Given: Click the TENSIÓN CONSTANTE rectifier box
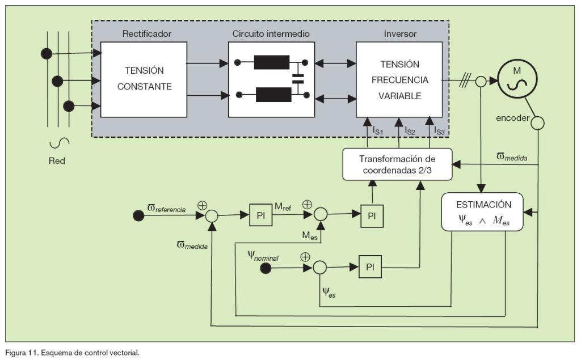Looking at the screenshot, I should pyautogui.click(x=144, y=79).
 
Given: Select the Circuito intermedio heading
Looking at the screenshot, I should pyautogui.click(x=271, y=34).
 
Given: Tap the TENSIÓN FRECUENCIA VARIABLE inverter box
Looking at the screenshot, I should pyautogui.click(x=399, y=79).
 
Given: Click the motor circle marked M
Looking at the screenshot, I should pyautogui.click(x=516, y=79).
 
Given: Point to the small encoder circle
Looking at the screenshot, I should pyautogui.click(x=537, y=122).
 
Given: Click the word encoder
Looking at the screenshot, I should pyautogui.click(x=512, y=118).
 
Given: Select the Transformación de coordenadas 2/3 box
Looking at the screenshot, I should pyautogui.click(x=397, y=164).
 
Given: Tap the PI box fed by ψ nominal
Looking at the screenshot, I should pyautogui.click(x=370, y=267).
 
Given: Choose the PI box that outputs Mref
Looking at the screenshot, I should pyautogui.click(x=261, y=215).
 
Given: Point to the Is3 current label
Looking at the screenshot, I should pyautogui.click(x=439, y=131).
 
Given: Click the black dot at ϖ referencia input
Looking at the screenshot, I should pyautogui.click(x=138, y=215).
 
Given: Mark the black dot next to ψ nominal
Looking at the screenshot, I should pyautogui.click(x=265, y=267).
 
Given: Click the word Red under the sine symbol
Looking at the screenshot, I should pyautogui.click(x=57, y=160).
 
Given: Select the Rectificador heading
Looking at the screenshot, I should pyautogui.click(x=146, y=34).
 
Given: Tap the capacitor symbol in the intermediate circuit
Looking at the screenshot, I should pyautogui.click(x=297, y=79).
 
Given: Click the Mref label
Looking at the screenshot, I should pyautogui.click(x=284, y=206).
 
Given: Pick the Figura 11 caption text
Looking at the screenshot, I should pyautogui.click(x=71, y=353).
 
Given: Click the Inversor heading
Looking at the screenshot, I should pyautogui.click(x=400, y=34).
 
